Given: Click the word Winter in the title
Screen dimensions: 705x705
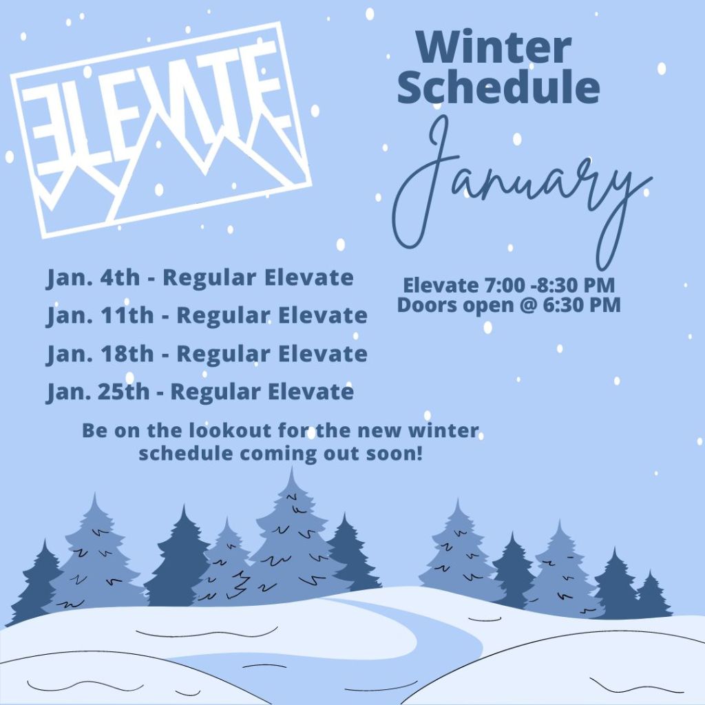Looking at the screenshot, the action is pyautogui.click(x=494, y=48).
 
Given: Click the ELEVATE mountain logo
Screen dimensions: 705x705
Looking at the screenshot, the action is pyautogui.click(x=161, y=130).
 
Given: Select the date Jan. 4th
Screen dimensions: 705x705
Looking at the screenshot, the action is pyautogui.click(x=93, y=278).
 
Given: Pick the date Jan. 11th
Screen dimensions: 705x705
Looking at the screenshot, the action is pyautogui.click(x=100, y=315).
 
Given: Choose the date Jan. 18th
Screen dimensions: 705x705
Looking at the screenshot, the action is pyautogui.click(x=100, y=354).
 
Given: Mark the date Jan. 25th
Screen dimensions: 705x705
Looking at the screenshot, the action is pyautogui.click(x=98, y=392).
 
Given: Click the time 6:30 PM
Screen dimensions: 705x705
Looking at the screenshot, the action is pyautogui.click(x=582, y=305).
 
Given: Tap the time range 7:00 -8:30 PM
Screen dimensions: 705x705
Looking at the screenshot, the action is pyautogui.click(x=549, y=285).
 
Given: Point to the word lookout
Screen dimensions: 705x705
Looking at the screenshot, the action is pyautogui.click(x=229, y=430).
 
